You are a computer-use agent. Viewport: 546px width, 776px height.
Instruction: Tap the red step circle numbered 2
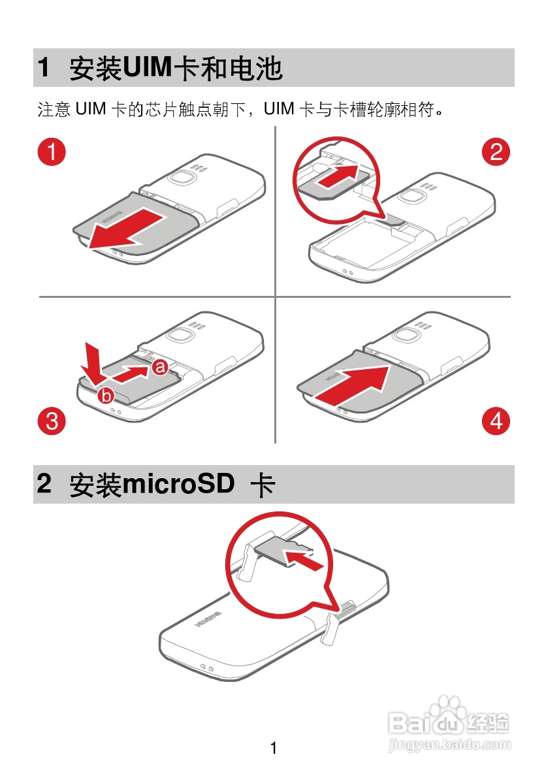click(496, 152)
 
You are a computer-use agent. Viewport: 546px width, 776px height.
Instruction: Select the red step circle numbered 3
click(52, 421)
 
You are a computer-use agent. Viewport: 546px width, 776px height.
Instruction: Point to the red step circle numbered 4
click(496, 421)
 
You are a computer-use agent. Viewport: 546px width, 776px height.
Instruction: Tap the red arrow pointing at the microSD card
click(304, 559)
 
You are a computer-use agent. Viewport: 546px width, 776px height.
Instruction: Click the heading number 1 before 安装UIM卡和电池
click(44, 68)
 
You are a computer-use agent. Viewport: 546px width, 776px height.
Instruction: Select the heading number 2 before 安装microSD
click(44, 485)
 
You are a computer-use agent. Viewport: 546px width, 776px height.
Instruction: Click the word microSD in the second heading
click(178, 485)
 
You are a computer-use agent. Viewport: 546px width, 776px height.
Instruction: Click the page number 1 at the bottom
click(274, 749)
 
